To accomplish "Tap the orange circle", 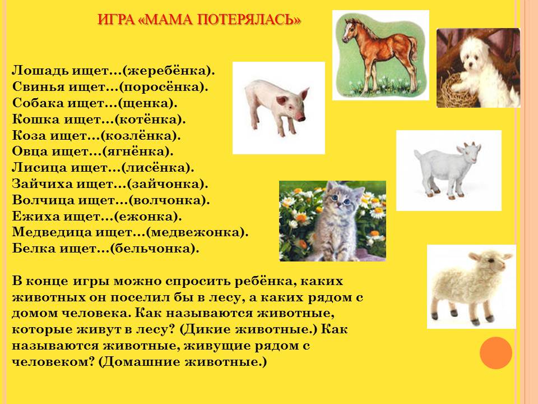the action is pos(496,353).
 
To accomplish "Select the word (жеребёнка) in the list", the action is pos(169,71).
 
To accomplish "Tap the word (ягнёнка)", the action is pos(138,151).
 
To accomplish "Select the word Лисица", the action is pos(39,168).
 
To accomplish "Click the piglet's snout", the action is pos(301,118).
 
